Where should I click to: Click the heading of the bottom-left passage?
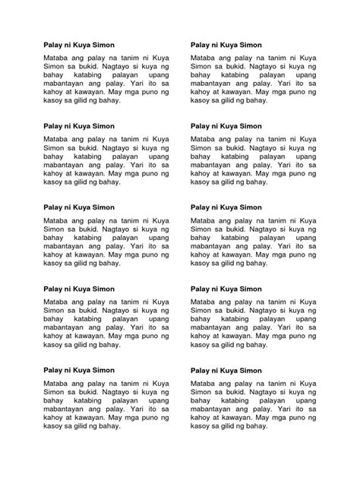point(78,369)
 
